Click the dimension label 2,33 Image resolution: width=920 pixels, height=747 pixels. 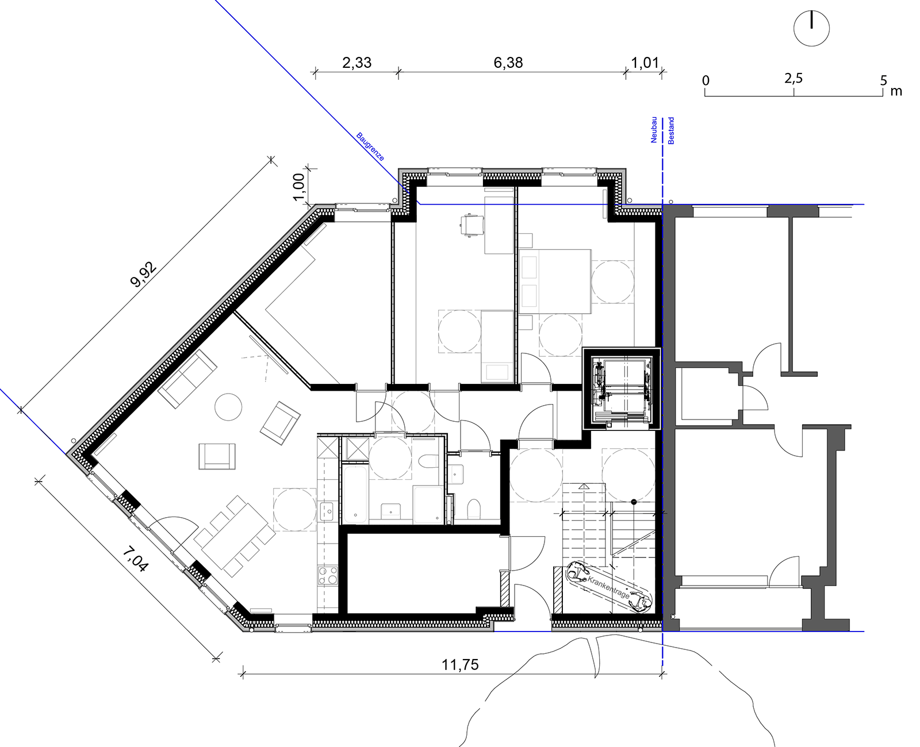tap(356, 63)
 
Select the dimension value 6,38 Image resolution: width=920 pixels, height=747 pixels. tap(508, 63)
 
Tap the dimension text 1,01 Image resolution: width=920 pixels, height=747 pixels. tap(645, 63)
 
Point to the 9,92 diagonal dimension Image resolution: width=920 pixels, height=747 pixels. tap(143, 274)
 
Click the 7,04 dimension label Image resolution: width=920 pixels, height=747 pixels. tap(135, 559)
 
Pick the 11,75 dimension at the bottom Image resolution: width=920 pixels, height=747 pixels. tap(460, 665)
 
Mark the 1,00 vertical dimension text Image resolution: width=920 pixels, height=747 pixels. tap(299, 187)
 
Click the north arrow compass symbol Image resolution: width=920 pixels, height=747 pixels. tap(811, 29)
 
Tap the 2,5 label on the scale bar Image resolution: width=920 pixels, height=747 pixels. tap(793, 79)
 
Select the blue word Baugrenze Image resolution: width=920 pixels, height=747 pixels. tap(370, 147)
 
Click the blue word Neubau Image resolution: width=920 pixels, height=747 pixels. tap(654, 129)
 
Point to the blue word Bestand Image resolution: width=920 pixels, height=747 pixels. tap(671, 130)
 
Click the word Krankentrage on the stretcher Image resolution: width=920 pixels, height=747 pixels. tap(608, 587)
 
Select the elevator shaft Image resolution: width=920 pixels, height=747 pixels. tap(622, 389)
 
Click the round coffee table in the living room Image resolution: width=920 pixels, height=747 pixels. tap(228, 406)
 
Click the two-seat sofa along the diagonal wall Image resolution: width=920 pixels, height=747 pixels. tap(187, 379)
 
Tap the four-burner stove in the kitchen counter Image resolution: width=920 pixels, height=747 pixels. tap(327, 575)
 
